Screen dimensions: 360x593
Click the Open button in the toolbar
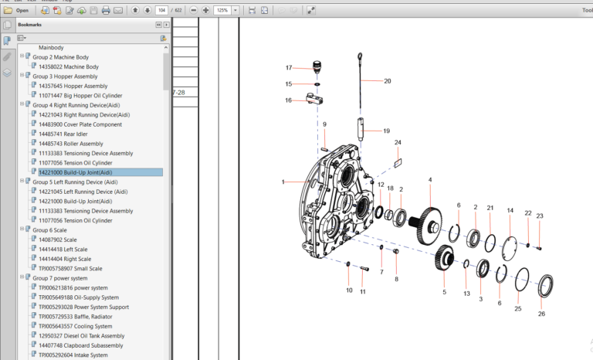[x=17, y=11]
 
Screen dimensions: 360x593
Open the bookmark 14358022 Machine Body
[x=68, y=66]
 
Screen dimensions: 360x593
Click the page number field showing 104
[x=161, y=11]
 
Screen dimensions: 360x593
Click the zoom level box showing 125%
[x=223, y=11]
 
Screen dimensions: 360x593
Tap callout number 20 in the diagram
[x=388, y=81]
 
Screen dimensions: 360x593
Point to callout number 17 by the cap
[x=289, y=68]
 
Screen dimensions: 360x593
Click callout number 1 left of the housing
[x=283, y=182]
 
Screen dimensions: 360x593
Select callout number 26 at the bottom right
[x=541, y=314]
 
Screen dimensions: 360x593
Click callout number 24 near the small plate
[x=398, y=143]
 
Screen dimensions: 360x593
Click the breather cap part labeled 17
[x=316, y=67]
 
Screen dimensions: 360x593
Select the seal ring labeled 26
[x=545, y=284]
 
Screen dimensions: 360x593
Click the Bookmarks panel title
[x=30, y=24]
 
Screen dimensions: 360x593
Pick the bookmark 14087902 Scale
[x=58, y=239]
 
